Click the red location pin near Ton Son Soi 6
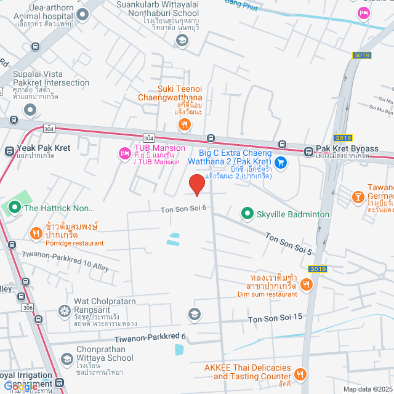(x=196, y=184)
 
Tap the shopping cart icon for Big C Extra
(x=281, y=163)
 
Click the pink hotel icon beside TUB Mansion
(x=124, y=152)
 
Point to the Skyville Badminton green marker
(x=247, y=214)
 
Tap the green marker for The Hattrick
(x=13, y=207)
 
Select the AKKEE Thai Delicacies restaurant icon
(x=300, y=373)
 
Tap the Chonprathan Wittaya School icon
(x=66, y=358)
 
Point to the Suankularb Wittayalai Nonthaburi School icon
(x=182, y=40)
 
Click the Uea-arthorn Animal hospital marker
(x=82, y=14)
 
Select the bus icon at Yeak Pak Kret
(x=10, y=151)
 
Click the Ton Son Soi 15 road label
(x=275, y=318)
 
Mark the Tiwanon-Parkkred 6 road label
(x=150, y=336)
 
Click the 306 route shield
(x=28, y=307)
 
